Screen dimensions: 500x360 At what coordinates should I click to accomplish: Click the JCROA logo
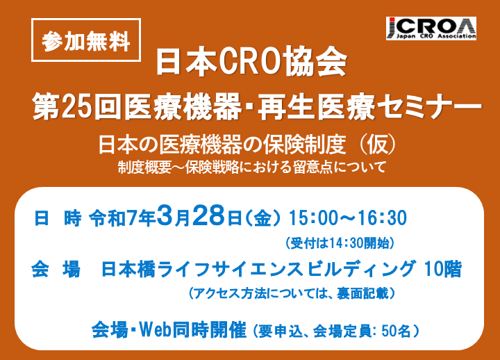coord(431,28)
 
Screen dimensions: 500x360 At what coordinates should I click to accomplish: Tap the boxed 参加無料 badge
coord(86,40)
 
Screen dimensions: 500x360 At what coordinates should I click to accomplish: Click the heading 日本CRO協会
coord(251,62)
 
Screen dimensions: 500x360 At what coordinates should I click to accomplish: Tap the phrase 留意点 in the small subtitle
coord(312,167)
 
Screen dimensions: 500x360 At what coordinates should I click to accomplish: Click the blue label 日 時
coord(58,219)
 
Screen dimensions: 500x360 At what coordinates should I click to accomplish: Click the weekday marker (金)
coord(263,219)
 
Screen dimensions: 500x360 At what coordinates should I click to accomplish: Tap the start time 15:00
coord(312,218)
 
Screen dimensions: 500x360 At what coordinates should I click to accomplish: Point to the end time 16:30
coord(383,218)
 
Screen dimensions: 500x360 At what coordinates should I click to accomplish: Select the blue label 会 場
coord(56,269)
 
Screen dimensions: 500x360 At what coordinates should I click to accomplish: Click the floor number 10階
coord(442,269)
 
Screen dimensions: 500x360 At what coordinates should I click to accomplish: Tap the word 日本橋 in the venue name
coord(128,269)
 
